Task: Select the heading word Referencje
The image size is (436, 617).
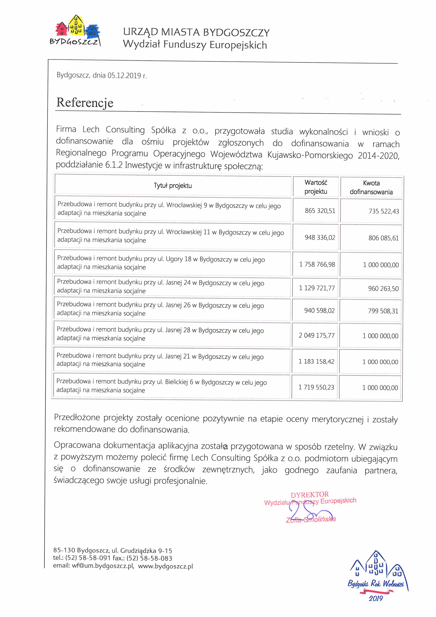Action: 85,103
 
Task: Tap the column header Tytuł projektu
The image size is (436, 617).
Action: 173,186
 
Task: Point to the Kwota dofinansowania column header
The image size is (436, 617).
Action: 371,187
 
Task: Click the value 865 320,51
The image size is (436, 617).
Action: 320,211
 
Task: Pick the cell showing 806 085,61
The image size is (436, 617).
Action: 383,238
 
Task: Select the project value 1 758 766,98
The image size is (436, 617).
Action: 317,265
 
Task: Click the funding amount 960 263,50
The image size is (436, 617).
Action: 383,289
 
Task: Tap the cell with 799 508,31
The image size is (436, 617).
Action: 383,311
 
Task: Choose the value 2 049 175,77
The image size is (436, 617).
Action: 316,336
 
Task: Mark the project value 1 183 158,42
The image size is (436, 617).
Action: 316,362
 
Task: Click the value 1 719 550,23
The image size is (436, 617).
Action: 316,387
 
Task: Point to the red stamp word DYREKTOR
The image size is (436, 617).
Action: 310,495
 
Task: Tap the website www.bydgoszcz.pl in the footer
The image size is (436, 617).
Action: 165,566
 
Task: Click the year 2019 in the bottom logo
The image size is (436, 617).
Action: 376,598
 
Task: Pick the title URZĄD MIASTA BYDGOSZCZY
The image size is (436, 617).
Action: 196,32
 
